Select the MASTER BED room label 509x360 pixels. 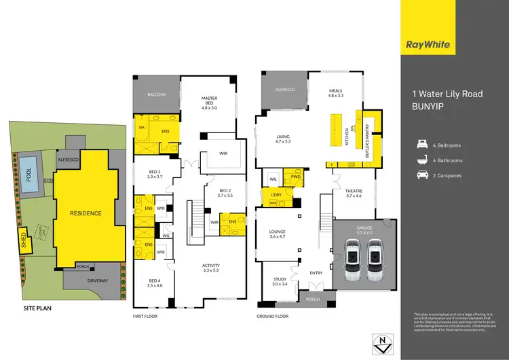[209, 102]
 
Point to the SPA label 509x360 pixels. [142, 127]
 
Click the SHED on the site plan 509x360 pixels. [24, 242]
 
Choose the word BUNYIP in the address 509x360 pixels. [429, 107]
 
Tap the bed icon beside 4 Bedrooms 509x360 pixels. [422, 145]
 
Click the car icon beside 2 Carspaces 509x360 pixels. [422, 176]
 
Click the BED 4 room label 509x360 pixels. [155, 282]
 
